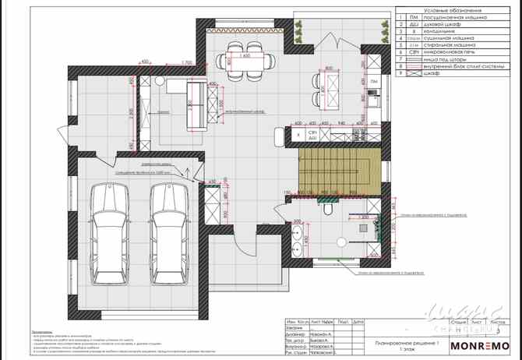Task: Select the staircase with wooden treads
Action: pos(338,171)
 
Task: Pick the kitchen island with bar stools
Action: pos(327,89)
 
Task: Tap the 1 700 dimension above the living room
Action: pos(185,63)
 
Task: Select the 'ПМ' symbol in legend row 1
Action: pos(413,16)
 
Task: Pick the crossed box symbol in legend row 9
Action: pos(413,73)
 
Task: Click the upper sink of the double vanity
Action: pos(297,231)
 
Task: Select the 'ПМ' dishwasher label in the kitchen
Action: pos(373,81)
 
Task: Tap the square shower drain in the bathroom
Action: pos(364,228)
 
